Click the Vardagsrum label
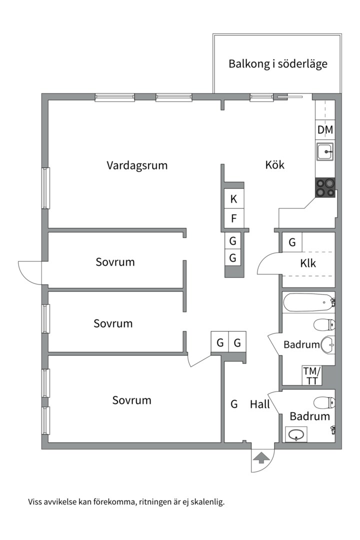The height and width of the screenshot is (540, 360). pos(136,165)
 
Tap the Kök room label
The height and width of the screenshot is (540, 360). pos(274,164)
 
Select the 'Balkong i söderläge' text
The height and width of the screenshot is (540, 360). pos(278,64)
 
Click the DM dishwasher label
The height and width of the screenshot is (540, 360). pos(325,130)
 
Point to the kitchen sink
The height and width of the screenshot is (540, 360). pos(325,151)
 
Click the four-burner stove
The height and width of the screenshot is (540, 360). pos(325,187)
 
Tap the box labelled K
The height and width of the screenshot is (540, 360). pos(233,199)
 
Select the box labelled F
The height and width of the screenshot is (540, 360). pos(233,218)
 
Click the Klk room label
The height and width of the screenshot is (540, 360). pos(308,263)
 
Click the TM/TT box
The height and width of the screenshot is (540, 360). pos(312,376)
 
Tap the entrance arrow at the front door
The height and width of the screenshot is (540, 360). pos(261,457)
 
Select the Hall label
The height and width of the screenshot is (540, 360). pos(260,404)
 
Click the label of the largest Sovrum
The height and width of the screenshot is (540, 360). pos(131,400)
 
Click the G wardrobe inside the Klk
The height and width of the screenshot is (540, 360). pos(292,242)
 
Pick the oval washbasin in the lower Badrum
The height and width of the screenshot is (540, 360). pos(296,434)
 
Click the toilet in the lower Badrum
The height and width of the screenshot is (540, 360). pos(324,402)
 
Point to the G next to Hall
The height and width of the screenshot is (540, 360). pos(234,404)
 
